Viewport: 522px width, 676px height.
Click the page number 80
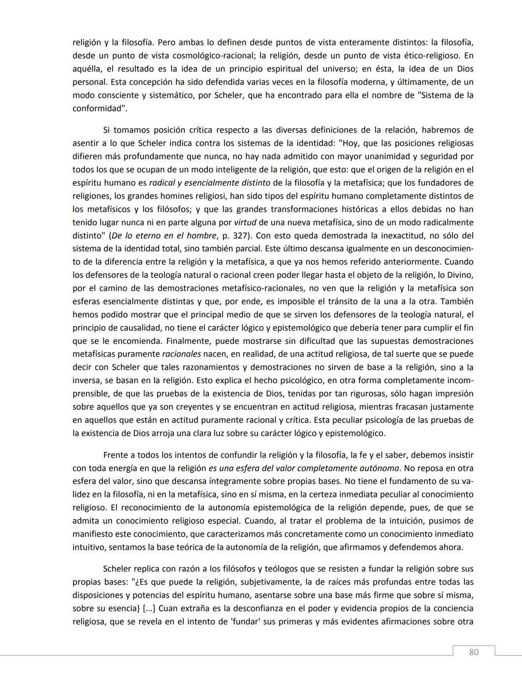tap(474, 652)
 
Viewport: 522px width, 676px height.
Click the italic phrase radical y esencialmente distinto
tap(210, 183)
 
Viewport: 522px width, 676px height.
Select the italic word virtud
tap(245, 223)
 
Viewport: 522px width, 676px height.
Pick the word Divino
tap(460, 275)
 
